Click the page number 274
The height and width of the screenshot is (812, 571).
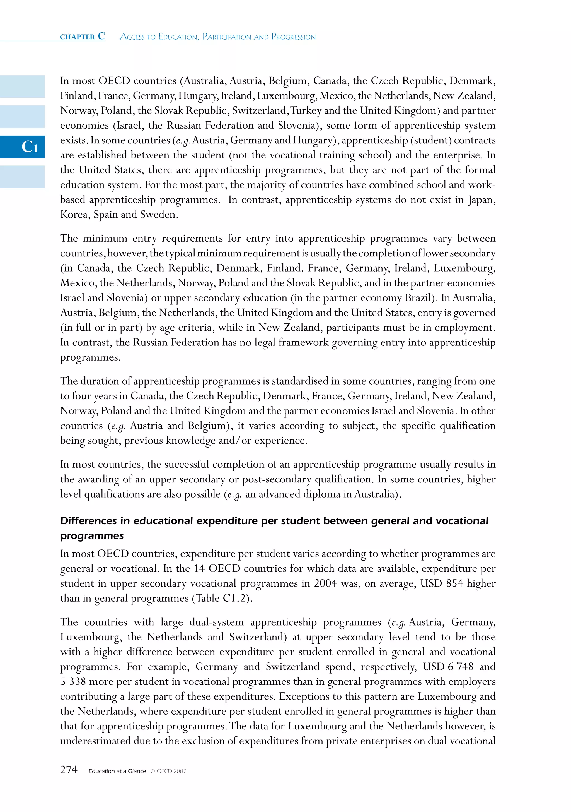(x=69, y=770)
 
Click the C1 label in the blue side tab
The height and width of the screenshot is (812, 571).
(x=30, y=147)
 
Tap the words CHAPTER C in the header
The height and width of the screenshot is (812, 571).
(x=82, y=37)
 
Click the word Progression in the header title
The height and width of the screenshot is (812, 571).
(x=293, y=37)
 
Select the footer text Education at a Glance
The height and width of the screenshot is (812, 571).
(x=117, y=771)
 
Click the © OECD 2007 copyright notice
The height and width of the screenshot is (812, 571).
(x=168, y=771)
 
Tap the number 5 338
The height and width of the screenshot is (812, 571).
(x=73, y=681)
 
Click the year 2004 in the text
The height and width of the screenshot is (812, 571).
(x=325, y=583)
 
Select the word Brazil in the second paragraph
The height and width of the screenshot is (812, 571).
(x=418, y=298)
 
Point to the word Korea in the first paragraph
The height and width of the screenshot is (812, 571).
(x=74, y=214)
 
